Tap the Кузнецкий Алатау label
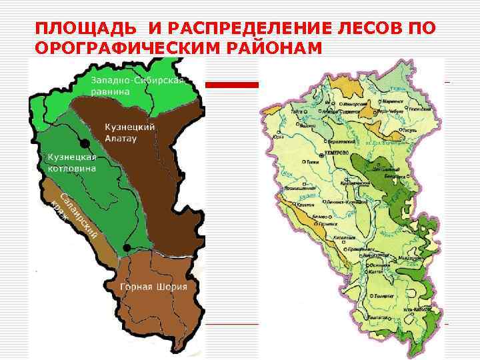131,131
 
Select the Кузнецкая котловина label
71,163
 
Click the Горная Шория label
153,287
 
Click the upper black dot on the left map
84,143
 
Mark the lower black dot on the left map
126,249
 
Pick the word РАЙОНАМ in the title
275,48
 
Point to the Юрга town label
279,137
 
